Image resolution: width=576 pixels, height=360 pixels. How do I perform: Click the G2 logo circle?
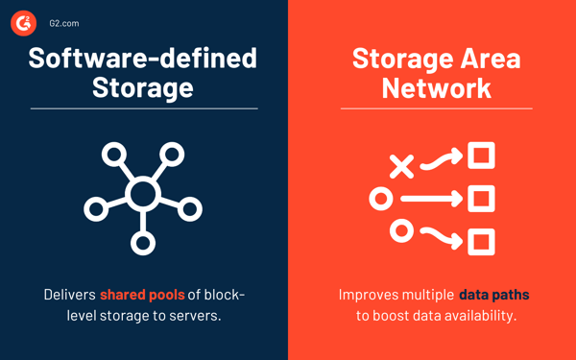[24, 23]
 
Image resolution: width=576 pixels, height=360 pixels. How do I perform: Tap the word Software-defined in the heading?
[143, 58]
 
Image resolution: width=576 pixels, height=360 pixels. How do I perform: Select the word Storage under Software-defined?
[143, 87]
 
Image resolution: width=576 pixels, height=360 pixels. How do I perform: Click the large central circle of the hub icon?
[143, 195]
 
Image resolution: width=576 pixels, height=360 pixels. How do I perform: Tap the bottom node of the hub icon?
[143, 242]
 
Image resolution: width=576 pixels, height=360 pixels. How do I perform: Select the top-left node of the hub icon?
[114, 154]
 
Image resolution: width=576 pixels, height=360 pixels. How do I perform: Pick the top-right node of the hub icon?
[172, 154]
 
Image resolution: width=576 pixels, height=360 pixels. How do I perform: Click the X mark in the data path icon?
[402, 165]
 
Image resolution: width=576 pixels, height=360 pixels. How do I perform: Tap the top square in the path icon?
[481, 156]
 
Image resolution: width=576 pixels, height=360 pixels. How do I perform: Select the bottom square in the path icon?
[481, 241]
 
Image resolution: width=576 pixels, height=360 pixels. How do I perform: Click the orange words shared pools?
[142, 294]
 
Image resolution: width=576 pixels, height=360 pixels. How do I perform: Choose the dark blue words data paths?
[494, 294]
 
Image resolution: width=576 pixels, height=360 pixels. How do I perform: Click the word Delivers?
[70, 294]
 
